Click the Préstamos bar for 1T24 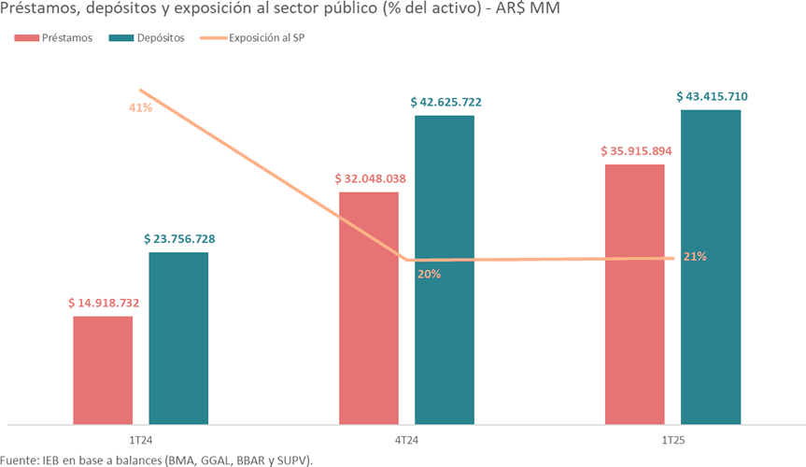click(103, 370)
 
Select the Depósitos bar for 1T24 click(178, 338)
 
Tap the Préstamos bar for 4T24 click(369, 308)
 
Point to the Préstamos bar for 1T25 click(635, 294)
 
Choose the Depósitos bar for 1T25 click(711, 267)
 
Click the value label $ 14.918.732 click(104, 304)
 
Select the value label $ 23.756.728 click(179, 239)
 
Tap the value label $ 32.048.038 click(370, 178)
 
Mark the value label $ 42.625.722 click(445, 102)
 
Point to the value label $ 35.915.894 click(636, 150)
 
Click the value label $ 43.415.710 click(712, 96)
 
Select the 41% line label click(140, 107)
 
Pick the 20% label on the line click(429, 275)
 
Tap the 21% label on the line click(695, 257)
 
